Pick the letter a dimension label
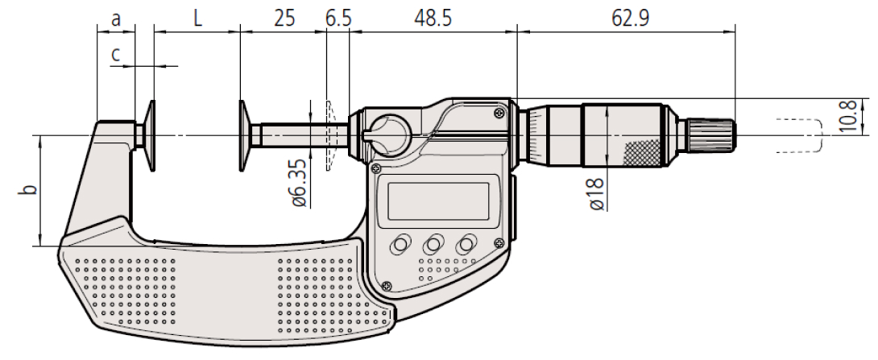tap(116, 17)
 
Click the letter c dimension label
tap(116, 54)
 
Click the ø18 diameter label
tap(597, 193)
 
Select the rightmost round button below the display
tap(467, 244)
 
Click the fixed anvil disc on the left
tap(151, 136)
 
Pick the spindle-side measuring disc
tap(242, 136)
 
